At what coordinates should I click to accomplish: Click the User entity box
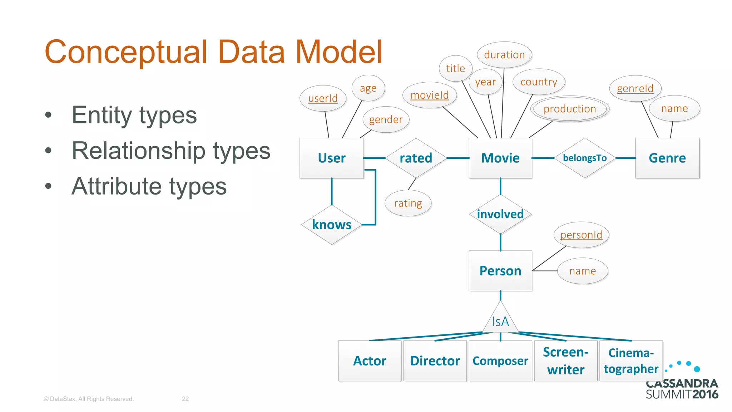(331, 158)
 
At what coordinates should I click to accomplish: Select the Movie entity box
(500, 158)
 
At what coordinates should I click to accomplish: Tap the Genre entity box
(667, 158)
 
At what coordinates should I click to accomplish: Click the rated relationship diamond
(416, 158)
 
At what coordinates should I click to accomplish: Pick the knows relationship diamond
(331, 225)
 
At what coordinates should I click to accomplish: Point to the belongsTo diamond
(584, 158)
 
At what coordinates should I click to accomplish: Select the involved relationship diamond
(500, 214)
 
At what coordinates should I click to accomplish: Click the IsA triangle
(500, 320)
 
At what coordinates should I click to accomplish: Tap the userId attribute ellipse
(323, 98)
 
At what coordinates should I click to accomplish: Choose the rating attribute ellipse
(408, 203)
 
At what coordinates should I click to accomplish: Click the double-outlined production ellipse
(569, 109)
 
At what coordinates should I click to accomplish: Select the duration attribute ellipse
(504, 55)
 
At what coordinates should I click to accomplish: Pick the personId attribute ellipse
(581, 235)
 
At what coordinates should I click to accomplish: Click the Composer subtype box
(500, 360)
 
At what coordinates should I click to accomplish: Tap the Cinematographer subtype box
(631, 360)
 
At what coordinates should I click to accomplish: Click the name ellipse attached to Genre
(674, 108)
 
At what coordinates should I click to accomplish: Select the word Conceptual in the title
(126, 52)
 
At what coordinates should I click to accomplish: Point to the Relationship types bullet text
(171, 151)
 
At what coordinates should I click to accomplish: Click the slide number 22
(185, 399)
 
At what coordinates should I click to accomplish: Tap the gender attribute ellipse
(386, 119)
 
